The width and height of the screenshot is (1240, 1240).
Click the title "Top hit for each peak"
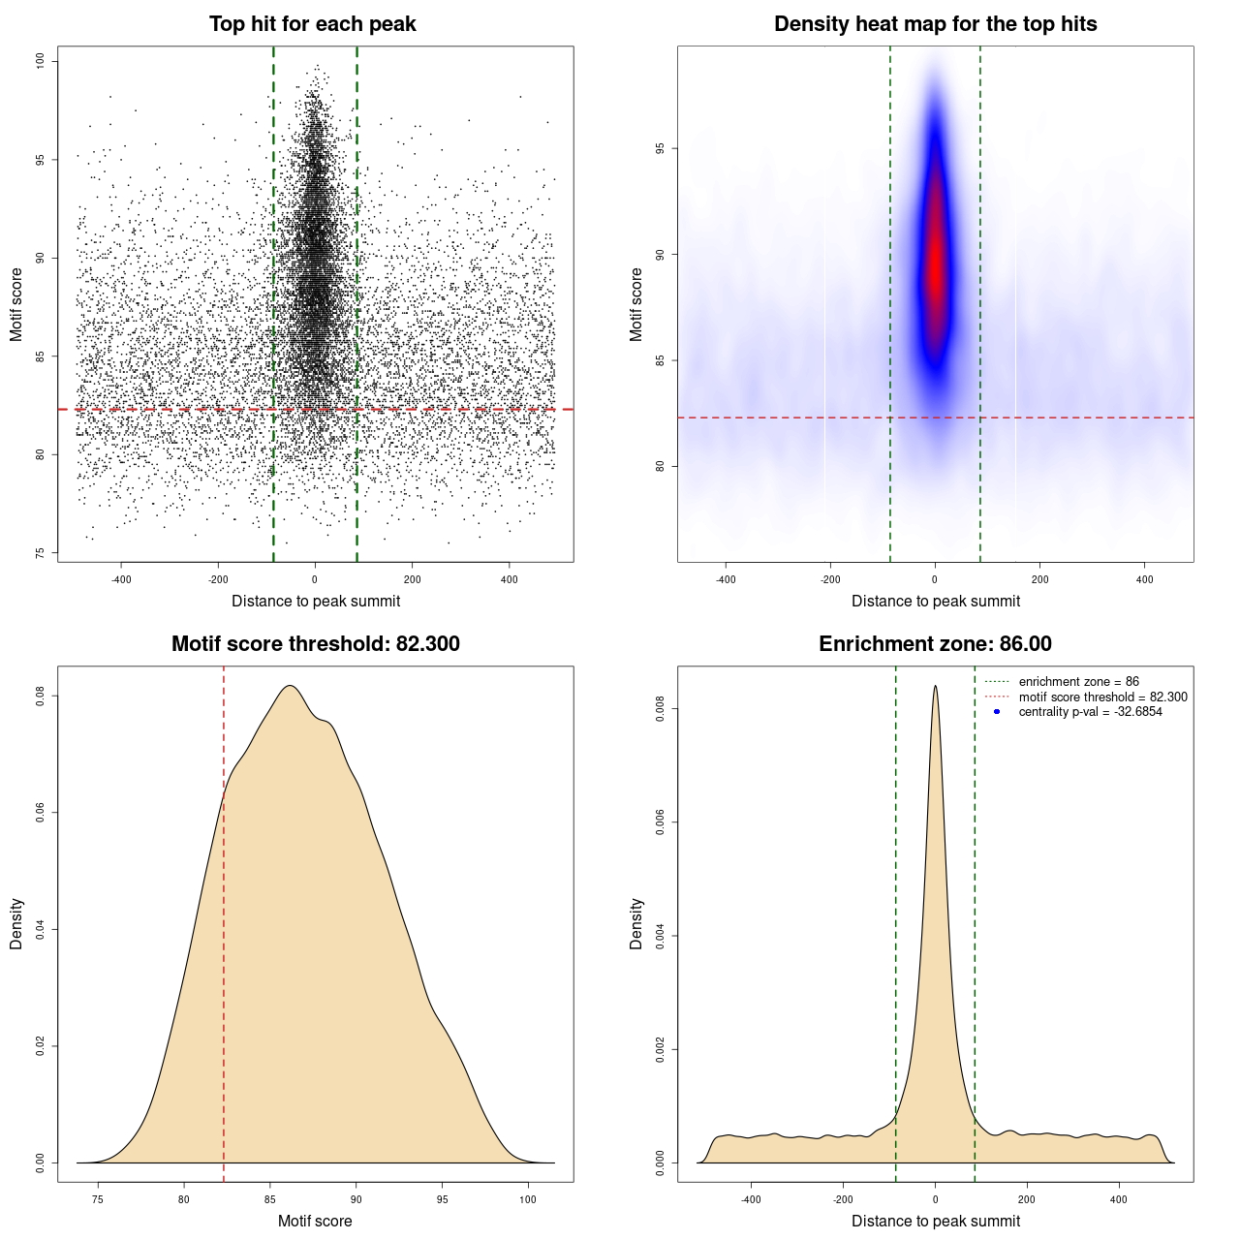pyautogui.click(x=312, y=24)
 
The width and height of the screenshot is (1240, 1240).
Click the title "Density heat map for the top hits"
pyautogui.click(x=935, y=24)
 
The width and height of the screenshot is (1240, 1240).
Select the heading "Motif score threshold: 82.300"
pyautogui.click(x=315, y=644)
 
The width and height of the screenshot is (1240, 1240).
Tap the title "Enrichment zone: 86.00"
pyautogui.click(x=935, y=644)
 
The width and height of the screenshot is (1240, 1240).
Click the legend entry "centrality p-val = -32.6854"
pyautogui.click(x=1090, y=712)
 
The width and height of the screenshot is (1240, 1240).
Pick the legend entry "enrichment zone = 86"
pyautogui.click(x=1078, y=682)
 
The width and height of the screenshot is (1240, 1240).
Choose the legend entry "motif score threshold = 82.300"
pyautogui.click(x=1102, y=697)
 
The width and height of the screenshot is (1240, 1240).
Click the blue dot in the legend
pyautogui.click(x=997, y=712)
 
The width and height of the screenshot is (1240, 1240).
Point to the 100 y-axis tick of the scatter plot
pyautogui.click(x=41, y=61)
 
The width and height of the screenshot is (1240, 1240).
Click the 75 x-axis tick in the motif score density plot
pyautogui.click(x=97, y=1199)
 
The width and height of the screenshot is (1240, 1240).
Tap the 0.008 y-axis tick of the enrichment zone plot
pyautogui.click(x=661, y=709)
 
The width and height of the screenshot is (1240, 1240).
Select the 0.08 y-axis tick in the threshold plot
pyautogui.click(x=41, y=696)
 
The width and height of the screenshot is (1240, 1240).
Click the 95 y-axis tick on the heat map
pyautogui.click(x=661, y=148)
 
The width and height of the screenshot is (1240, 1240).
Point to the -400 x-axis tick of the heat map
pyautogui.click(x=726, y=579)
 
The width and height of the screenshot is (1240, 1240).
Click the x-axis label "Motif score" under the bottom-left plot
pyautogui.click(x=315, y=1221)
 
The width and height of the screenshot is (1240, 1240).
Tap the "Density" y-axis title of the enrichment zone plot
pyautogui.click(x=636, y=923)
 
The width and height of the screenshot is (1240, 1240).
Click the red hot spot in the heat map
pyautogui.click(x=935, y=271)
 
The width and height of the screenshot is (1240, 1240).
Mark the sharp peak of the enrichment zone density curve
pyautogui.click(x=935, y=687)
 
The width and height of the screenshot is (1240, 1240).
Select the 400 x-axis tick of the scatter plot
pyautogui.click(x=509, y=579)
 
